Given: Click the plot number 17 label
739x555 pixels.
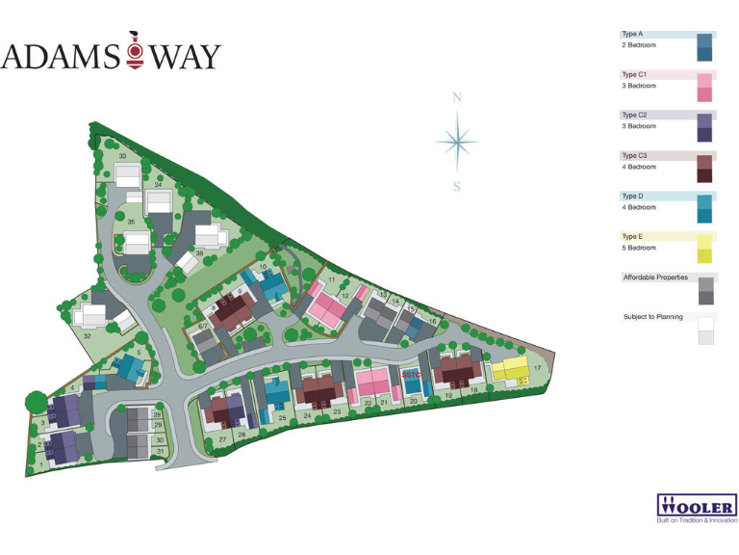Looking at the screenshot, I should [538, 369].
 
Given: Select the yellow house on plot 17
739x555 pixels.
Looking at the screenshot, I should [509, 371].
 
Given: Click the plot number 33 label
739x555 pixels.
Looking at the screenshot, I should [123, 156].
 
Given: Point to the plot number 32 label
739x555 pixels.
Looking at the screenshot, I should [88, 335].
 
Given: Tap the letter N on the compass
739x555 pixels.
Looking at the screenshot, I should [458, 97].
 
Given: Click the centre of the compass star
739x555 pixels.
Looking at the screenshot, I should [457, 141].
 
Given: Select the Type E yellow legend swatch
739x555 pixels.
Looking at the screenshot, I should [704, 249].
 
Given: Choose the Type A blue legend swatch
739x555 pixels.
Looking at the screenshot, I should [704, 47].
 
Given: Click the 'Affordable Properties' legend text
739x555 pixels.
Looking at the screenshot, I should [656, 277].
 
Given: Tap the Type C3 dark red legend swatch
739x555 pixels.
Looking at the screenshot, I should [704, 169].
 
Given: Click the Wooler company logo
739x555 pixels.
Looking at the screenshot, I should [697, 506].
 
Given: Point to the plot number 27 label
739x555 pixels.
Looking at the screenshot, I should [222, 438].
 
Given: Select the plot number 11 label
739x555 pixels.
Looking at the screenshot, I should [331, 280].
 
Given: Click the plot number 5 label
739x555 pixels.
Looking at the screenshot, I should [140, 353].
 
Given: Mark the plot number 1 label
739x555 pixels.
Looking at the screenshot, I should [42, 464].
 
